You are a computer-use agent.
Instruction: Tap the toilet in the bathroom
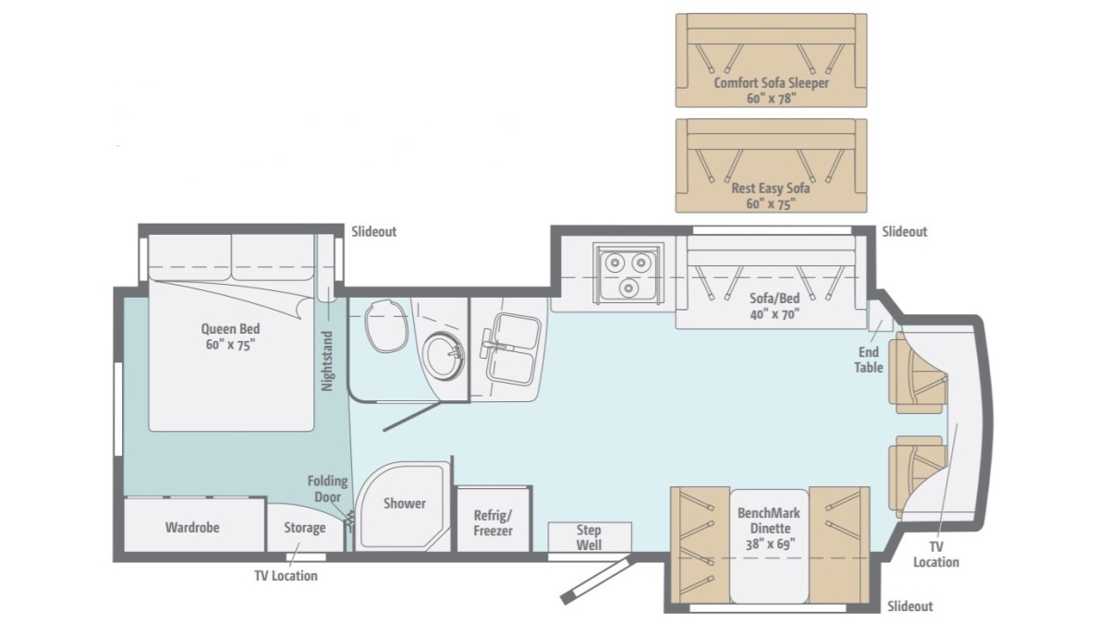(386, 325)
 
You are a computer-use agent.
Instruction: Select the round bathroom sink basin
(445, 356)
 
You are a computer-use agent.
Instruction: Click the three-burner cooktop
(628, 273)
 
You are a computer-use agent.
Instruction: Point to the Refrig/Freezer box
(494, 519)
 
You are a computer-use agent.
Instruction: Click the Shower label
(405, 504)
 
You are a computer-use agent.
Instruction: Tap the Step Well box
(590, 537)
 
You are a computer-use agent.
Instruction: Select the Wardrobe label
(192, 528)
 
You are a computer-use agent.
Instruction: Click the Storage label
(304, 528)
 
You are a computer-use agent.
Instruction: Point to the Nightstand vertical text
(327, 361)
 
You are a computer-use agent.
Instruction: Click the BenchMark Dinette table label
(769, 529)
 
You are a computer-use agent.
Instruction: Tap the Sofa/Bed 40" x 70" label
(774, 306)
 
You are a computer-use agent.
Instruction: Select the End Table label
(869, 360)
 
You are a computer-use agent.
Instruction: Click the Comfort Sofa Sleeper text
(772, 82)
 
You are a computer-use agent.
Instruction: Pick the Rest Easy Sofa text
(771, 189)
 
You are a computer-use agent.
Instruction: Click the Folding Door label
(328, 489)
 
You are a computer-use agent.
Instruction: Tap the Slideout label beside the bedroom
(373, 232)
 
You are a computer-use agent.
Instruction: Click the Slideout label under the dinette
(910, 606)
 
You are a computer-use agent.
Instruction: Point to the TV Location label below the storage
(286, 576)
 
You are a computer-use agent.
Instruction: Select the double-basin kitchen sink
(511, 348)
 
